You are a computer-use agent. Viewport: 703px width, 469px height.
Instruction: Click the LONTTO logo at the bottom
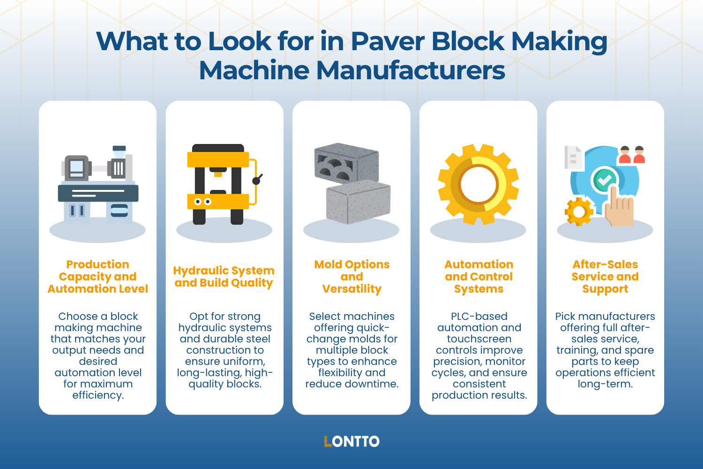351,441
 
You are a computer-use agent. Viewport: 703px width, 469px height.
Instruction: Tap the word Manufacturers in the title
411,71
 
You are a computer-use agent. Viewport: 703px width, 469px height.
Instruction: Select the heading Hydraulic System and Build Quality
224,277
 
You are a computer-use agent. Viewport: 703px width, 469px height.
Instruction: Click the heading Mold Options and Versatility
351,277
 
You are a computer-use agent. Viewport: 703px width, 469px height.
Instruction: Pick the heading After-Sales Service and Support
605,277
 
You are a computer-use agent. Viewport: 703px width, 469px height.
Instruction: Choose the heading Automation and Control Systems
479,277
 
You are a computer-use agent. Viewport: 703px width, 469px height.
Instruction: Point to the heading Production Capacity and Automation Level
97,277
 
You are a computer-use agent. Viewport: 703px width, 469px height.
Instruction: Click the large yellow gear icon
479,184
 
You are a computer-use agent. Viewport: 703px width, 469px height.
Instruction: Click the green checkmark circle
604,180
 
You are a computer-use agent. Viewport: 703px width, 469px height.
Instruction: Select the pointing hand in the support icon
618,209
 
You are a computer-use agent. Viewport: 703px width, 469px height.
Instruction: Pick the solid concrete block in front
358,202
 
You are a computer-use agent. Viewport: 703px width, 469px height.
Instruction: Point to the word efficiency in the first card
97,395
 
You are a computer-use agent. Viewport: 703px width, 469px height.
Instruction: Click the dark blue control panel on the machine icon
98,193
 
